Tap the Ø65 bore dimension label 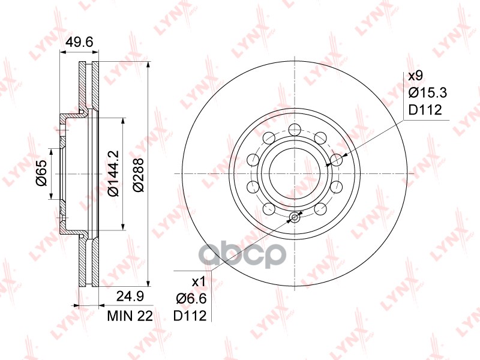coord(41,173)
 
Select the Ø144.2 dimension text coord(112,173)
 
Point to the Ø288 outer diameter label coord(138,173)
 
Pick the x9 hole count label coord(415,76)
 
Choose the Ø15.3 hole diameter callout coord(428,93)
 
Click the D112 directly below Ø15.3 coord(425,110)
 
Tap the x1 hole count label coord(199,281)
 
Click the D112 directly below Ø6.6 coord(190,316)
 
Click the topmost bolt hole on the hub coord(294,129)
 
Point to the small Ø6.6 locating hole coord(294,218)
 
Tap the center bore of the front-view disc coord(294,173)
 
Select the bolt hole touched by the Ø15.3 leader coord(337,159)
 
